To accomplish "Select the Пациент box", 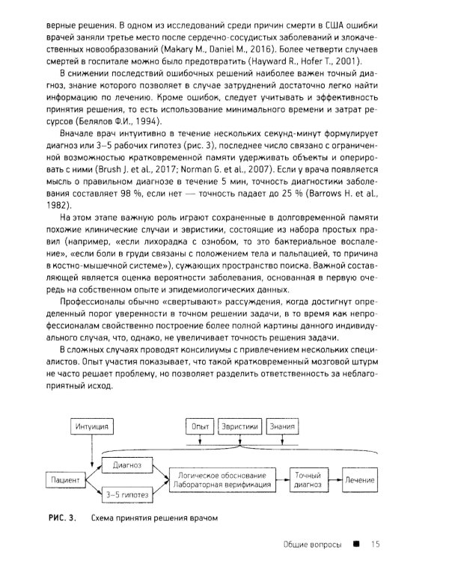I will tap(67, 478).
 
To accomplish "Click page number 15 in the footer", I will tap(376, 544).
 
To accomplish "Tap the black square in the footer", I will tap(357, 544).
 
